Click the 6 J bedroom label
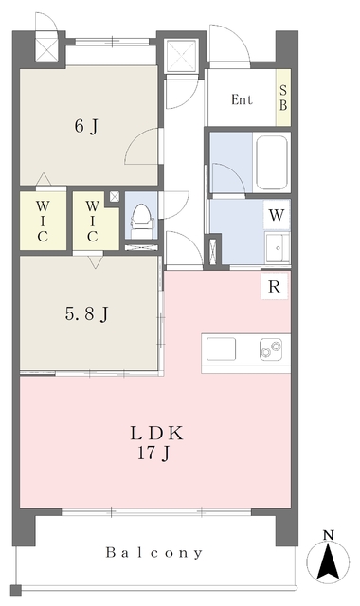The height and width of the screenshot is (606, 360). (86, 126)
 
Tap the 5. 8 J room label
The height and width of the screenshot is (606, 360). (86, 313)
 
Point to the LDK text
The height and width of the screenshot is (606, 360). (156, 434)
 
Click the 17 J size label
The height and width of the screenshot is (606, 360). (153, 454)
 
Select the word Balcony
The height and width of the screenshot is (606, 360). (153, 553)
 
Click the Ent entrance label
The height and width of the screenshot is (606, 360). (242, 99)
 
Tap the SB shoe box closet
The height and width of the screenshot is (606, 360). (283, 98)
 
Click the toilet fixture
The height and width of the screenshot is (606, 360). (143, 222)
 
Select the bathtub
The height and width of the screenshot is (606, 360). (272, 161)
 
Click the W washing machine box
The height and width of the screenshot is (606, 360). (277, 215)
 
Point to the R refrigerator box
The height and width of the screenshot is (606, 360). (274, 286)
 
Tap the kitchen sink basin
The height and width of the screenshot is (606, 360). (221, 348)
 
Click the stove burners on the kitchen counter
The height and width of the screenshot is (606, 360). (270, 348)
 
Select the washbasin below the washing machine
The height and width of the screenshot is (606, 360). (277, 247)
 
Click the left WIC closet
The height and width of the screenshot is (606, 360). (43, 221)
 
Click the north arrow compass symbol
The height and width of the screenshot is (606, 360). (328, 561)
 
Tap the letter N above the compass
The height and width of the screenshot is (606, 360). (329, 535)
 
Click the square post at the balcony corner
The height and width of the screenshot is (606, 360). (16, 590)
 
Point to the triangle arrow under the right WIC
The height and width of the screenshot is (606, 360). (95, 261)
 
